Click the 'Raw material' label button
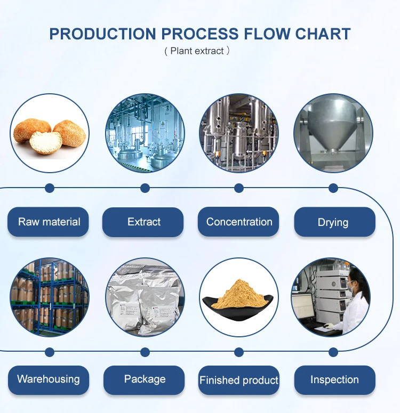49,222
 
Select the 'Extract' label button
144,222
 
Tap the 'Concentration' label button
239,222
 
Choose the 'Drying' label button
333,222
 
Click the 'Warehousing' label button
49,379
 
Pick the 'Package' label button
145,379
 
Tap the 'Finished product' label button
239,380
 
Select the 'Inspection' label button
334,380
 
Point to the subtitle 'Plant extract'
197,51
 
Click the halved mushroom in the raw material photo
45,142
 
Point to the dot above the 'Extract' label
145,188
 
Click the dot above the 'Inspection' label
333,352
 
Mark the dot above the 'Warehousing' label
50,352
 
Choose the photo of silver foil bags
145,297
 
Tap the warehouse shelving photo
50,297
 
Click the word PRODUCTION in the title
103,34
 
